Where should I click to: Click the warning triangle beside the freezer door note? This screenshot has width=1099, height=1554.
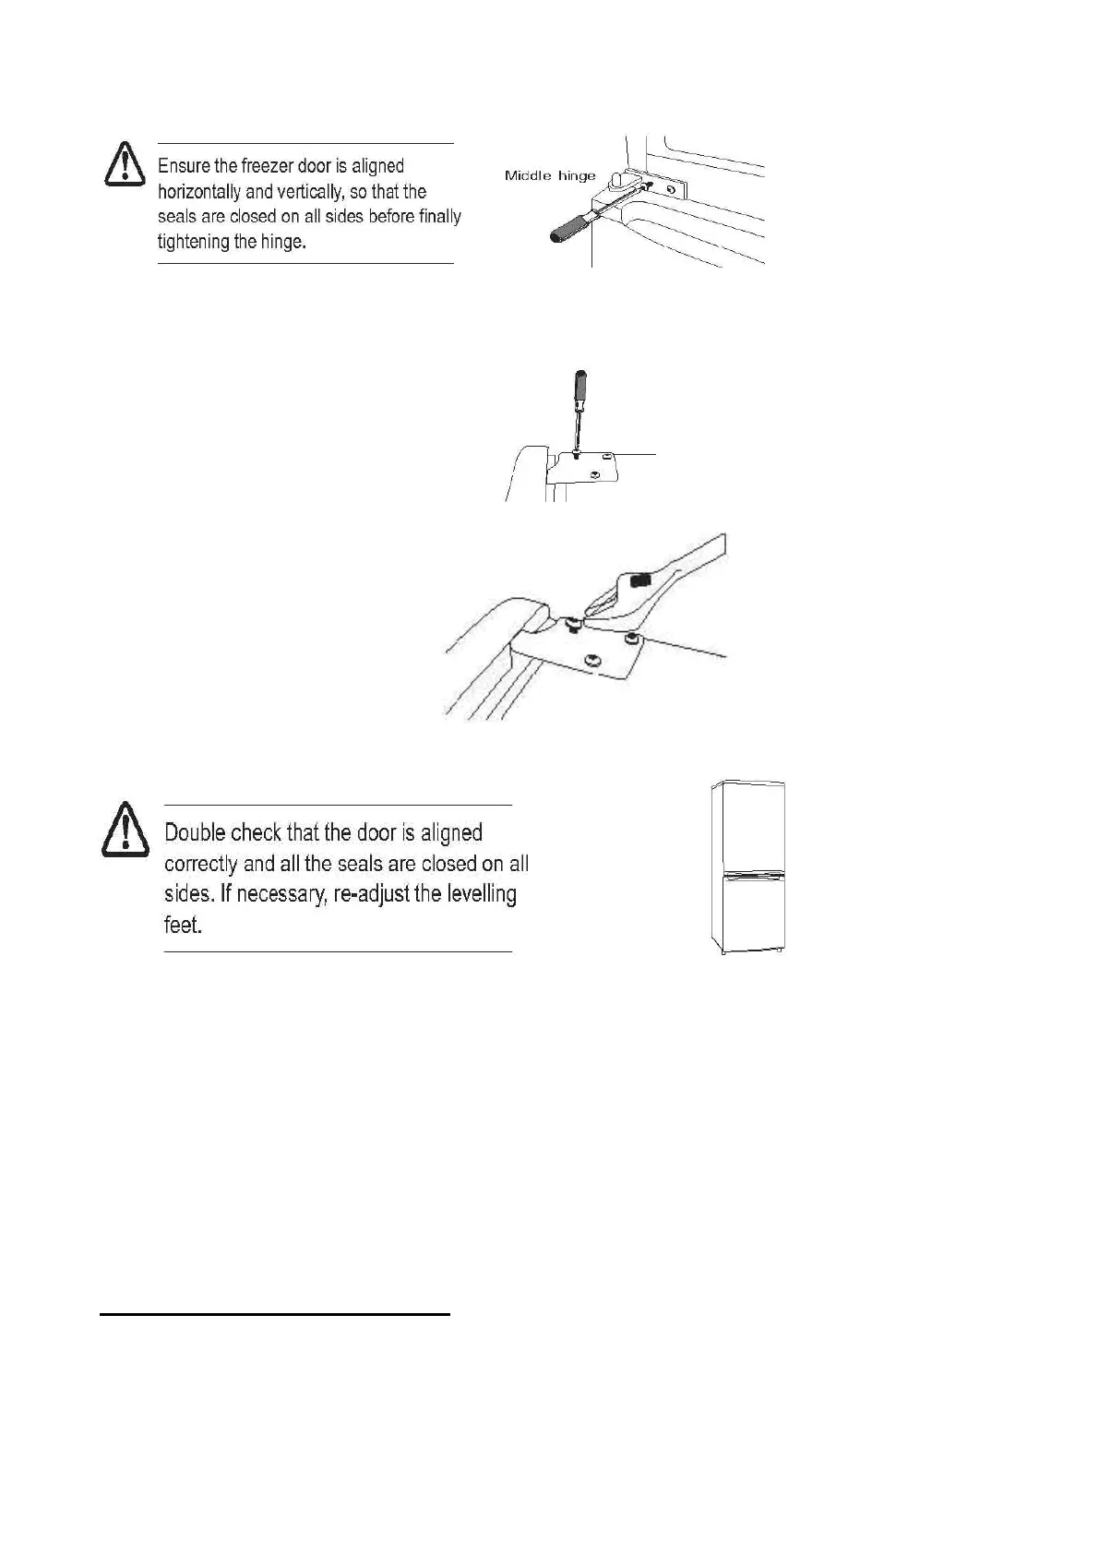click(x=124, y=166)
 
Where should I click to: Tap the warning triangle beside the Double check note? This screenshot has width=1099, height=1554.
click(x=125, y=829)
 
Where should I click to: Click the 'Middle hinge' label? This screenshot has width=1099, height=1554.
click(x=550, y=175)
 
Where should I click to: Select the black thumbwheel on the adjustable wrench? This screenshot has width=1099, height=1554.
click(x=640, y=580)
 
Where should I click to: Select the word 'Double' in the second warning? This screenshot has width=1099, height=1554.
click(x=194, y=832)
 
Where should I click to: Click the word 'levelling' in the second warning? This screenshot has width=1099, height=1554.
click(x=481, y=893)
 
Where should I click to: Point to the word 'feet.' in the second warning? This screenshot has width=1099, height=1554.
click(x=183, y=925)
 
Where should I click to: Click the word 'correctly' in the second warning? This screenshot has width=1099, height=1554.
click(x=200, y=864)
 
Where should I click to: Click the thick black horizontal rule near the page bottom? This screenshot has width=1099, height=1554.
click(x=274, y=1312)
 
